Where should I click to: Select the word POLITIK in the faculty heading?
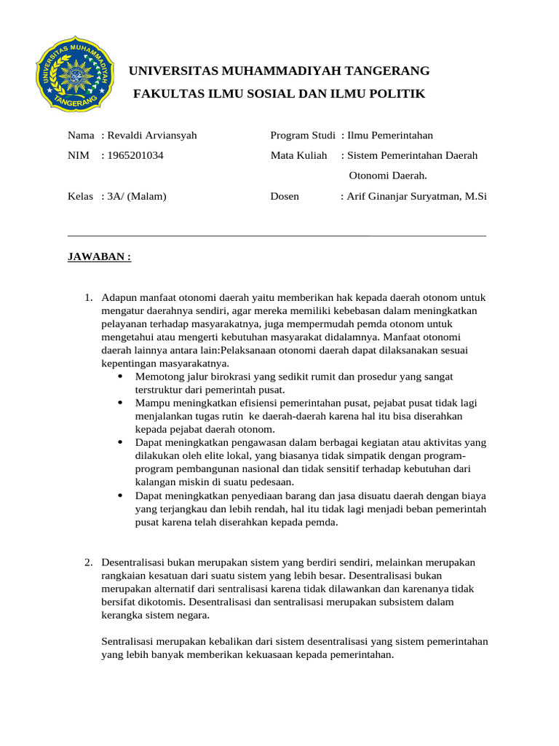[398, 95]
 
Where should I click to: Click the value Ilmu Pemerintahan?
[390, 136]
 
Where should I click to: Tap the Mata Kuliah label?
[299, 155]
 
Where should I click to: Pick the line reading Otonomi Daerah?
[388, 176]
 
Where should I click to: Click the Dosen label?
[285, 197]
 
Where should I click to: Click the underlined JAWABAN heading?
[99, 257]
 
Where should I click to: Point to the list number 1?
[88, 298]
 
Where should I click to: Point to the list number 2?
[88, 563]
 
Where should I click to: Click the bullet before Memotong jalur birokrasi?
[119, 377]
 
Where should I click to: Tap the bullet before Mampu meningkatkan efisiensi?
[119, 403]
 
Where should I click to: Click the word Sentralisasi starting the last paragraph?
[128, 642]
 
